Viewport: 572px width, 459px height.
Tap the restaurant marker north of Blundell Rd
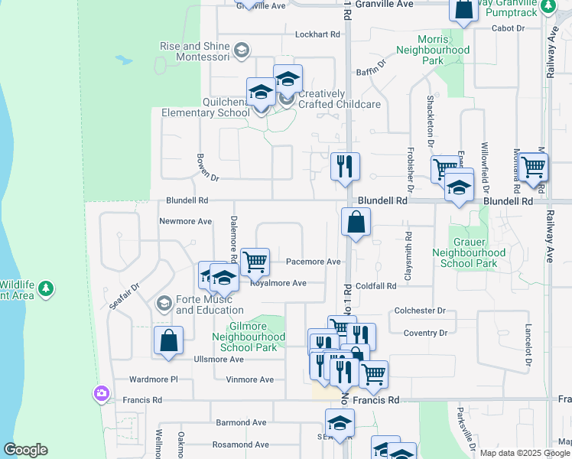point(345,166)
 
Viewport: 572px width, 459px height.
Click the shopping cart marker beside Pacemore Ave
point(255,262)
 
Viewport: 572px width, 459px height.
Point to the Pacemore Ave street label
point(313,262)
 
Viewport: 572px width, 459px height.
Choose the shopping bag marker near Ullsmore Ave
point(168,341)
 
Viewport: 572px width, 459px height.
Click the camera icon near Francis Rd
point(101,394)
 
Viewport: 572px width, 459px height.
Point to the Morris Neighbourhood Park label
point(433,50)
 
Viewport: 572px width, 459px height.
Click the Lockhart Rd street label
point(317,34)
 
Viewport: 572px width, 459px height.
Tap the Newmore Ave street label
point(185,222)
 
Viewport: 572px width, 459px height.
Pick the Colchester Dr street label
point(420,311)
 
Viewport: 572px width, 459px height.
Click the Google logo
point(25,450)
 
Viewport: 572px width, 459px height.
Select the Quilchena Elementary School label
point(205,107)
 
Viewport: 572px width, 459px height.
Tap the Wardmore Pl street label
point(153,379)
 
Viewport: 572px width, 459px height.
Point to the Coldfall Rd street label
point(375,285)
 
